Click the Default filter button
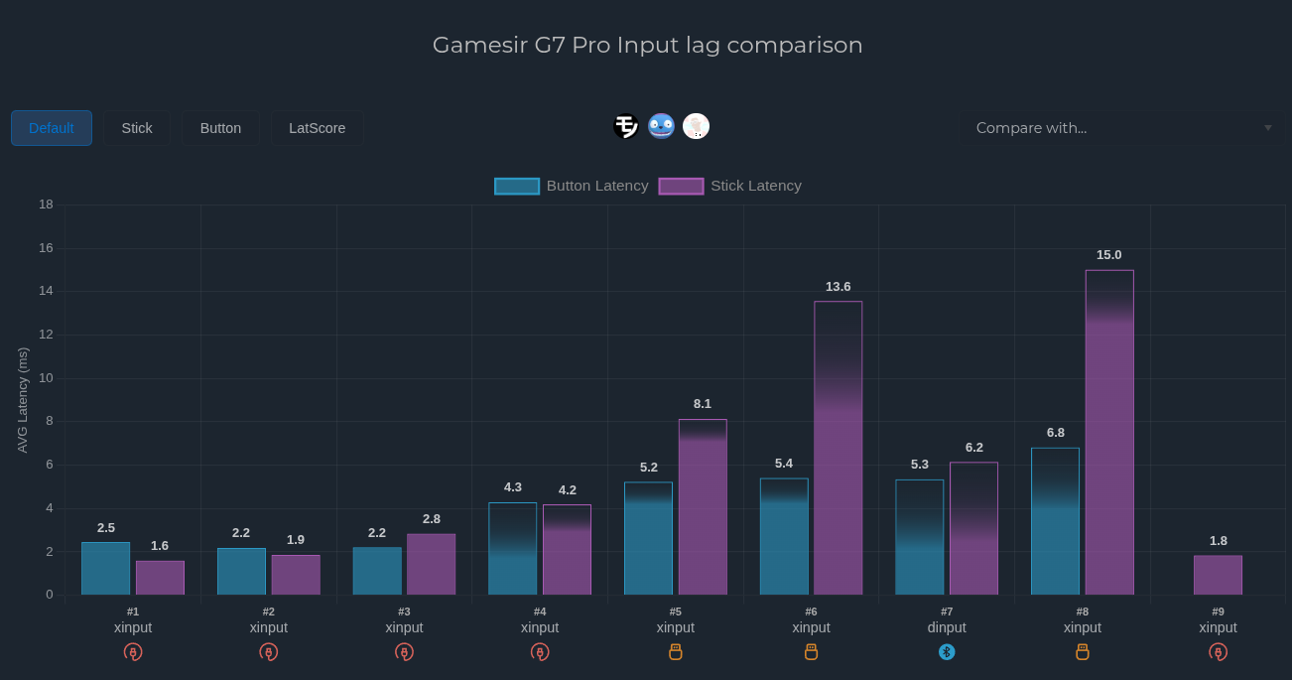(52, 128)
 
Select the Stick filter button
(137, 128)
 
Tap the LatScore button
(317, 128)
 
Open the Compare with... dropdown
(1120, 128)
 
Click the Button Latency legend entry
(572, 186)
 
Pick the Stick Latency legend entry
(730, 186)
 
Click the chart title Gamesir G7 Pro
(647, 45)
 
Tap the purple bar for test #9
(1218, 575)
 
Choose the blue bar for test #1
(105, 568)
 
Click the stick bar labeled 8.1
(703, 507)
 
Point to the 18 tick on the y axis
(46, 204)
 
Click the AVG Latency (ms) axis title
(23, 400)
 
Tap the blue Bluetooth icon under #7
(947, 652)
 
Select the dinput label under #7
(947, 627)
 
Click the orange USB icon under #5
(676, 652)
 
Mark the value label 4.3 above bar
(513, 487)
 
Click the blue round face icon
(661, 126)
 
